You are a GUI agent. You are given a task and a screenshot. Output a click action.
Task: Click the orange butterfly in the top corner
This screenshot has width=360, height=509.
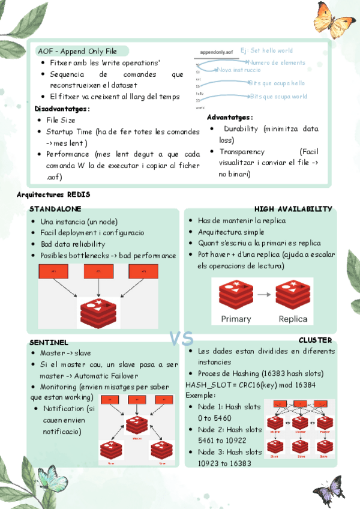(333, 23)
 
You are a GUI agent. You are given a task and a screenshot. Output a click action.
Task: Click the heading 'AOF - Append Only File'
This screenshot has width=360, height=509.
(77, 51)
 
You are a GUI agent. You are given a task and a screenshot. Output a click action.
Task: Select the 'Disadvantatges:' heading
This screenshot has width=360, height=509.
(62, 109)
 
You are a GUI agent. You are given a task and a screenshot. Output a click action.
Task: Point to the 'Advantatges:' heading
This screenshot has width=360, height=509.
(230, 117)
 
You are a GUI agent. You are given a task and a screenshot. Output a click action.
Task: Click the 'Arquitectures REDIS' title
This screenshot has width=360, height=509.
(53, 194)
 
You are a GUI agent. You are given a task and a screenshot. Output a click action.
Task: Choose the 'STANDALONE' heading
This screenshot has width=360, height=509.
(55, 209)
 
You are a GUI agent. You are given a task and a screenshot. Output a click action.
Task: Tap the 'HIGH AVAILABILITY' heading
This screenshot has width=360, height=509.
(293, 209)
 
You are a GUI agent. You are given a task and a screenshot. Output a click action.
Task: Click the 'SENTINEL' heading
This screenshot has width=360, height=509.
(49, 342)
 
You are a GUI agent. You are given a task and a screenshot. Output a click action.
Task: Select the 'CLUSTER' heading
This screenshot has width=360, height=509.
(315, 340)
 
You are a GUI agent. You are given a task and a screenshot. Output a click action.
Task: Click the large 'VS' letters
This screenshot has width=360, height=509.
(181, 340)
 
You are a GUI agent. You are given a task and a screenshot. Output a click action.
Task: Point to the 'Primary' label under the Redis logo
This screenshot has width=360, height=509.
(236, 319)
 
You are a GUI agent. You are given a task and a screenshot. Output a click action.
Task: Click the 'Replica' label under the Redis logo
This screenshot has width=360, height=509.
(293, 319)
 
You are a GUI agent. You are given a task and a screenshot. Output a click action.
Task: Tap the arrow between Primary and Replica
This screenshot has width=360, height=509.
(264, 294)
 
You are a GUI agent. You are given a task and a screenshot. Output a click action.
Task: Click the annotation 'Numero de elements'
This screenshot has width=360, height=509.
(276, 62)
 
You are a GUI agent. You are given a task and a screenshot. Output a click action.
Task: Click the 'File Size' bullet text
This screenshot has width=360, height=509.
(61, 120)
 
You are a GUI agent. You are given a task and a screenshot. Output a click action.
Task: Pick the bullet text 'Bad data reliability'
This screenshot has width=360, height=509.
(73, 244)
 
